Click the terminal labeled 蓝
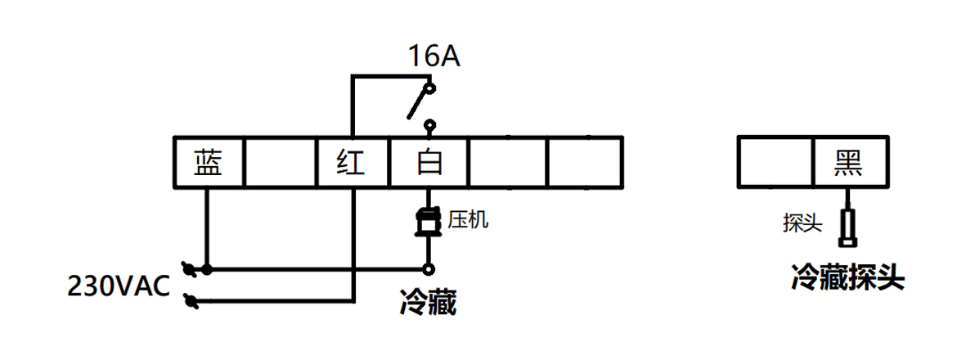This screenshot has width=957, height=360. tap(208, 163)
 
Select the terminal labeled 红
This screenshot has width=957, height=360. tap(353, 163)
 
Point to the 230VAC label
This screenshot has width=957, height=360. tap(118, 287)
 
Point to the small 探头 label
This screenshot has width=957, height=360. tap(802, 223)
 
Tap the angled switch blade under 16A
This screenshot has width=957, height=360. tap(419, 102)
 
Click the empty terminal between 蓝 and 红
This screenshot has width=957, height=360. tap(281, 163)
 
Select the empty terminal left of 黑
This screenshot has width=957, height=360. tap(775, 162)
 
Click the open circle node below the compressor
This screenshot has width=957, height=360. tap(427, 268)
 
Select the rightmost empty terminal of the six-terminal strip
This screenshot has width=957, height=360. tap(585, 163)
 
